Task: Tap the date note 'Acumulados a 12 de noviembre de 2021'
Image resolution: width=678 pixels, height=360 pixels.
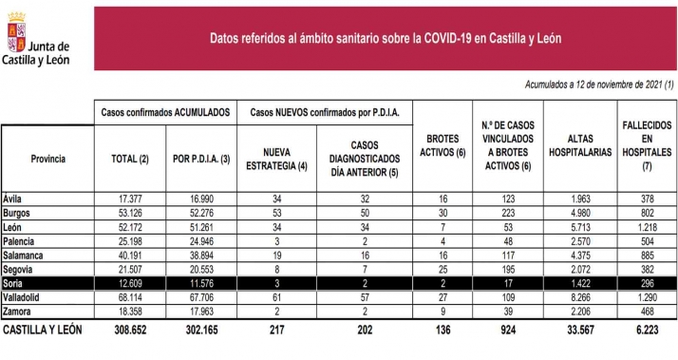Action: coord(599,85)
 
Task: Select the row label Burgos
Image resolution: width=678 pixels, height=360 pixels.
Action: coord(20,213)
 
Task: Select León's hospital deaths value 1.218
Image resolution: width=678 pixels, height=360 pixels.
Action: coord(645,227)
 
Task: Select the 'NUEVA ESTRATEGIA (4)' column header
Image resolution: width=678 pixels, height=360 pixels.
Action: coord(275,159)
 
